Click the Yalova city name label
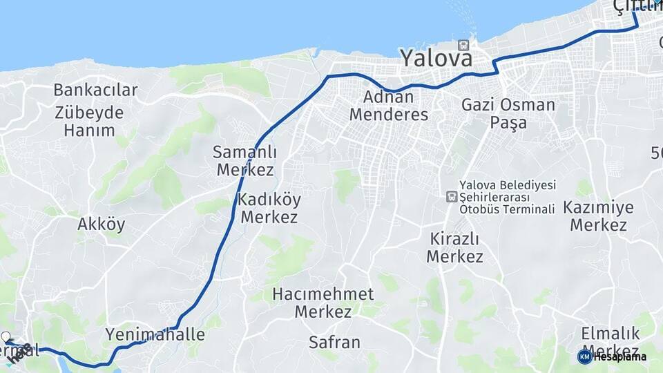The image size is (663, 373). pos(437,57)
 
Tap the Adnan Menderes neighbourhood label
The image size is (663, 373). pos(389,106)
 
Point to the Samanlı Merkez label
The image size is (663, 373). pos(244,160)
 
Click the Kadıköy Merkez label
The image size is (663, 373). pos(269,208)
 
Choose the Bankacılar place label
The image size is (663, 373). pos(95,90)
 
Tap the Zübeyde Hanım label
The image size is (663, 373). pos(89,121)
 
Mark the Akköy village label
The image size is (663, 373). pos(102,224)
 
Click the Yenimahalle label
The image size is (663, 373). pos(155,335)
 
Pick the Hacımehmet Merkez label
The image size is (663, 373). pos(323,303)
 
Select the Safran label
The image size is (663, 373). pos(334,342)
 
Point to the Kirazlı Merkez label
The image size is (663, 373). pos(454,247)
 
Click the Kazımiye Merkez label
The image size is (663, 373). pos(598,216)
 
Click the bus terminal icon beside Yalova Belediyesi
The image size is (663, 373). pos(452,197)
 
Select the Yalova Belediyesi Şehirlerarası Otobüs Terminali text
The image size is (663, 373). pos(508,197)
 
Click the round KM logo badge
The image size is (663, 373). pos(584,356)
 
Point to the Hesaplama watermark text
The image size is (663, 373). pos(619,356)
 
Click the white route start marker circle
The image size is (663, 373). pos(7,337)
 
